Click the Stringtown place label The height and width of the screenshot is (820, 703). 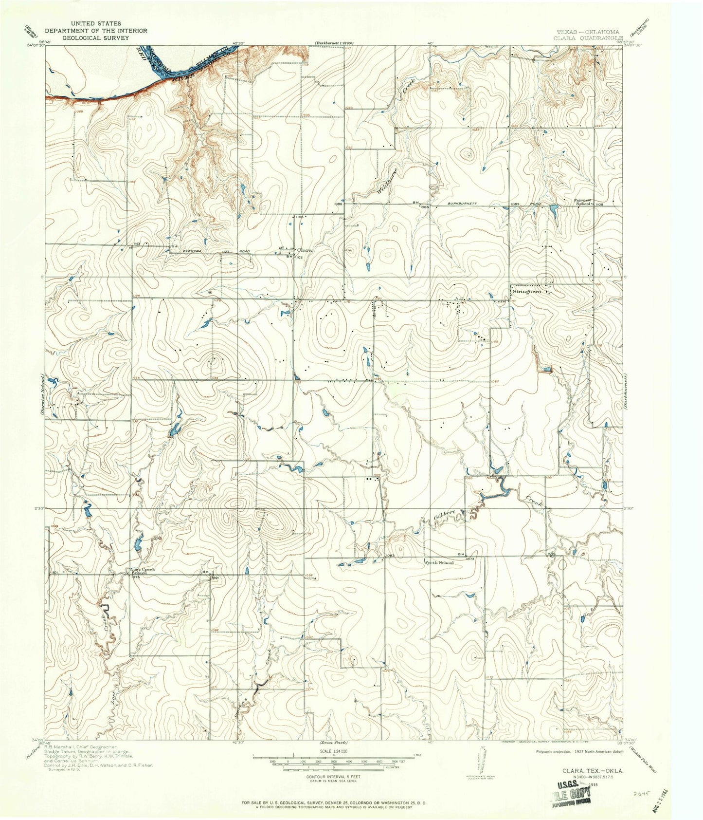[x=527, y=292]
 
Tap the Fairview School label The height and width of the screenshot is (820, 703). [x=583, y=202]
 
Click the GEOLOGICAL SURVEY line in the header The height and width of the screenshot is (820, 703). [x=95, y=37]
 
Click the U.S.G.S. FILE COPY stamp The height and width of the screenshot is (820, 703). [x=576, y=785]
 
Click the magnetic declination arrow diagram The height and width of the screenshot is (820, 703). [x=482, y=758]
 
